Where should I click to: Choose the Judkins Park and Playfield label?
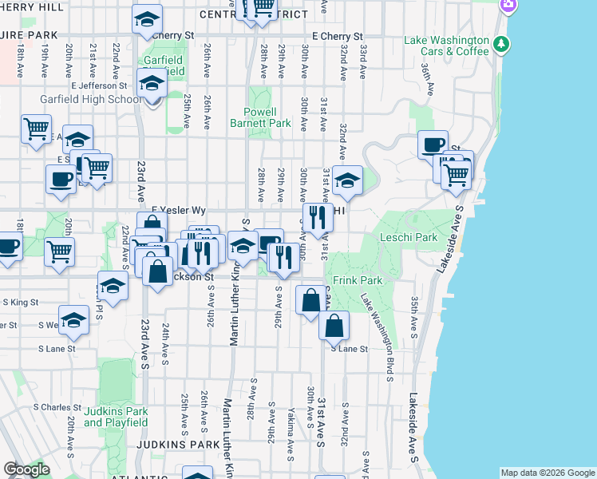[x=116, y=418]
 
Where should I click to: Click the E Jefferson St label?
[x=99, y=85]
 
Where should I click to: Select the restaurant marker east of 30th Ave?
[x=318, y=217]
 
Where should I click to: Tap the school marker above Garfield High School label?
[x=151, y=81]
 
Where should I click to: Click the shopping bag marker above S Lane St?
[x=334, y=325]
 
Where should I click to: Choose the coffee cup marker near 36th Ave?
[x=433, y=144]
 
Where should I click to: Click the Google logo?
[x=26, y=469]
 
